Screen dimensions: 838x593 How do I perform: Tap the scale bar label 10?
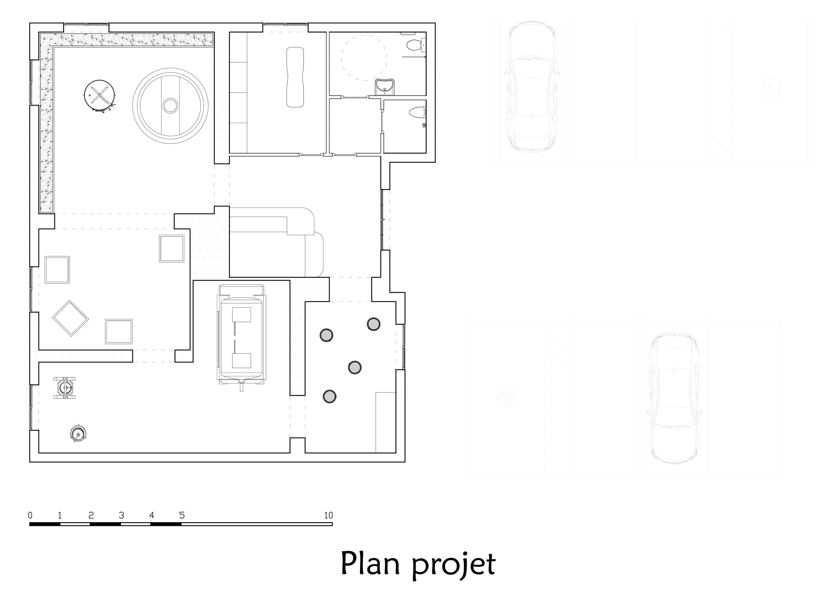(328, 515)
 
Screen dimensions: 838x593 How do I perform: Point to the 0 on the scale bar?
(30, 515)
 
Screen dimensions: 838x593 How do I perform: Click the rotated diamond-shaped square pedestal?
(70, 318)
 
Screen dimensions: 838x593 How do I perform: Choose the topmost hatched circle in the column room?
(373, 324)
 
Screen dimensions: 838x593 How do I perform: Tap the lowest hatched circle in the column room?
(329, 396)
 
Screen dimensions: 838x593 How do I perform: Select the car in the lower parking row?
(675, 399)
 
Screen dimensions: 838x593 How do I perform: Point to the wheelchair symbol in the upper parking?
(771, 90)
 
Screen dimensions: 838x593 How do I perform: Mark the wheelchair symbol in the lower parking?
(505, 396)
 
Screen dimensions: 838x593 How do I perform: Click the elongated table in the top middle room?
(295, 77)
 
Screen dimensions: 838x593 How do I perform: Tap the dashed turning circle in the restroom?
(364, 58)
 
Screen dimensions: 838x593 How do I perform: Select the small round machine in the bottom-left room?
(78, 433)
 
